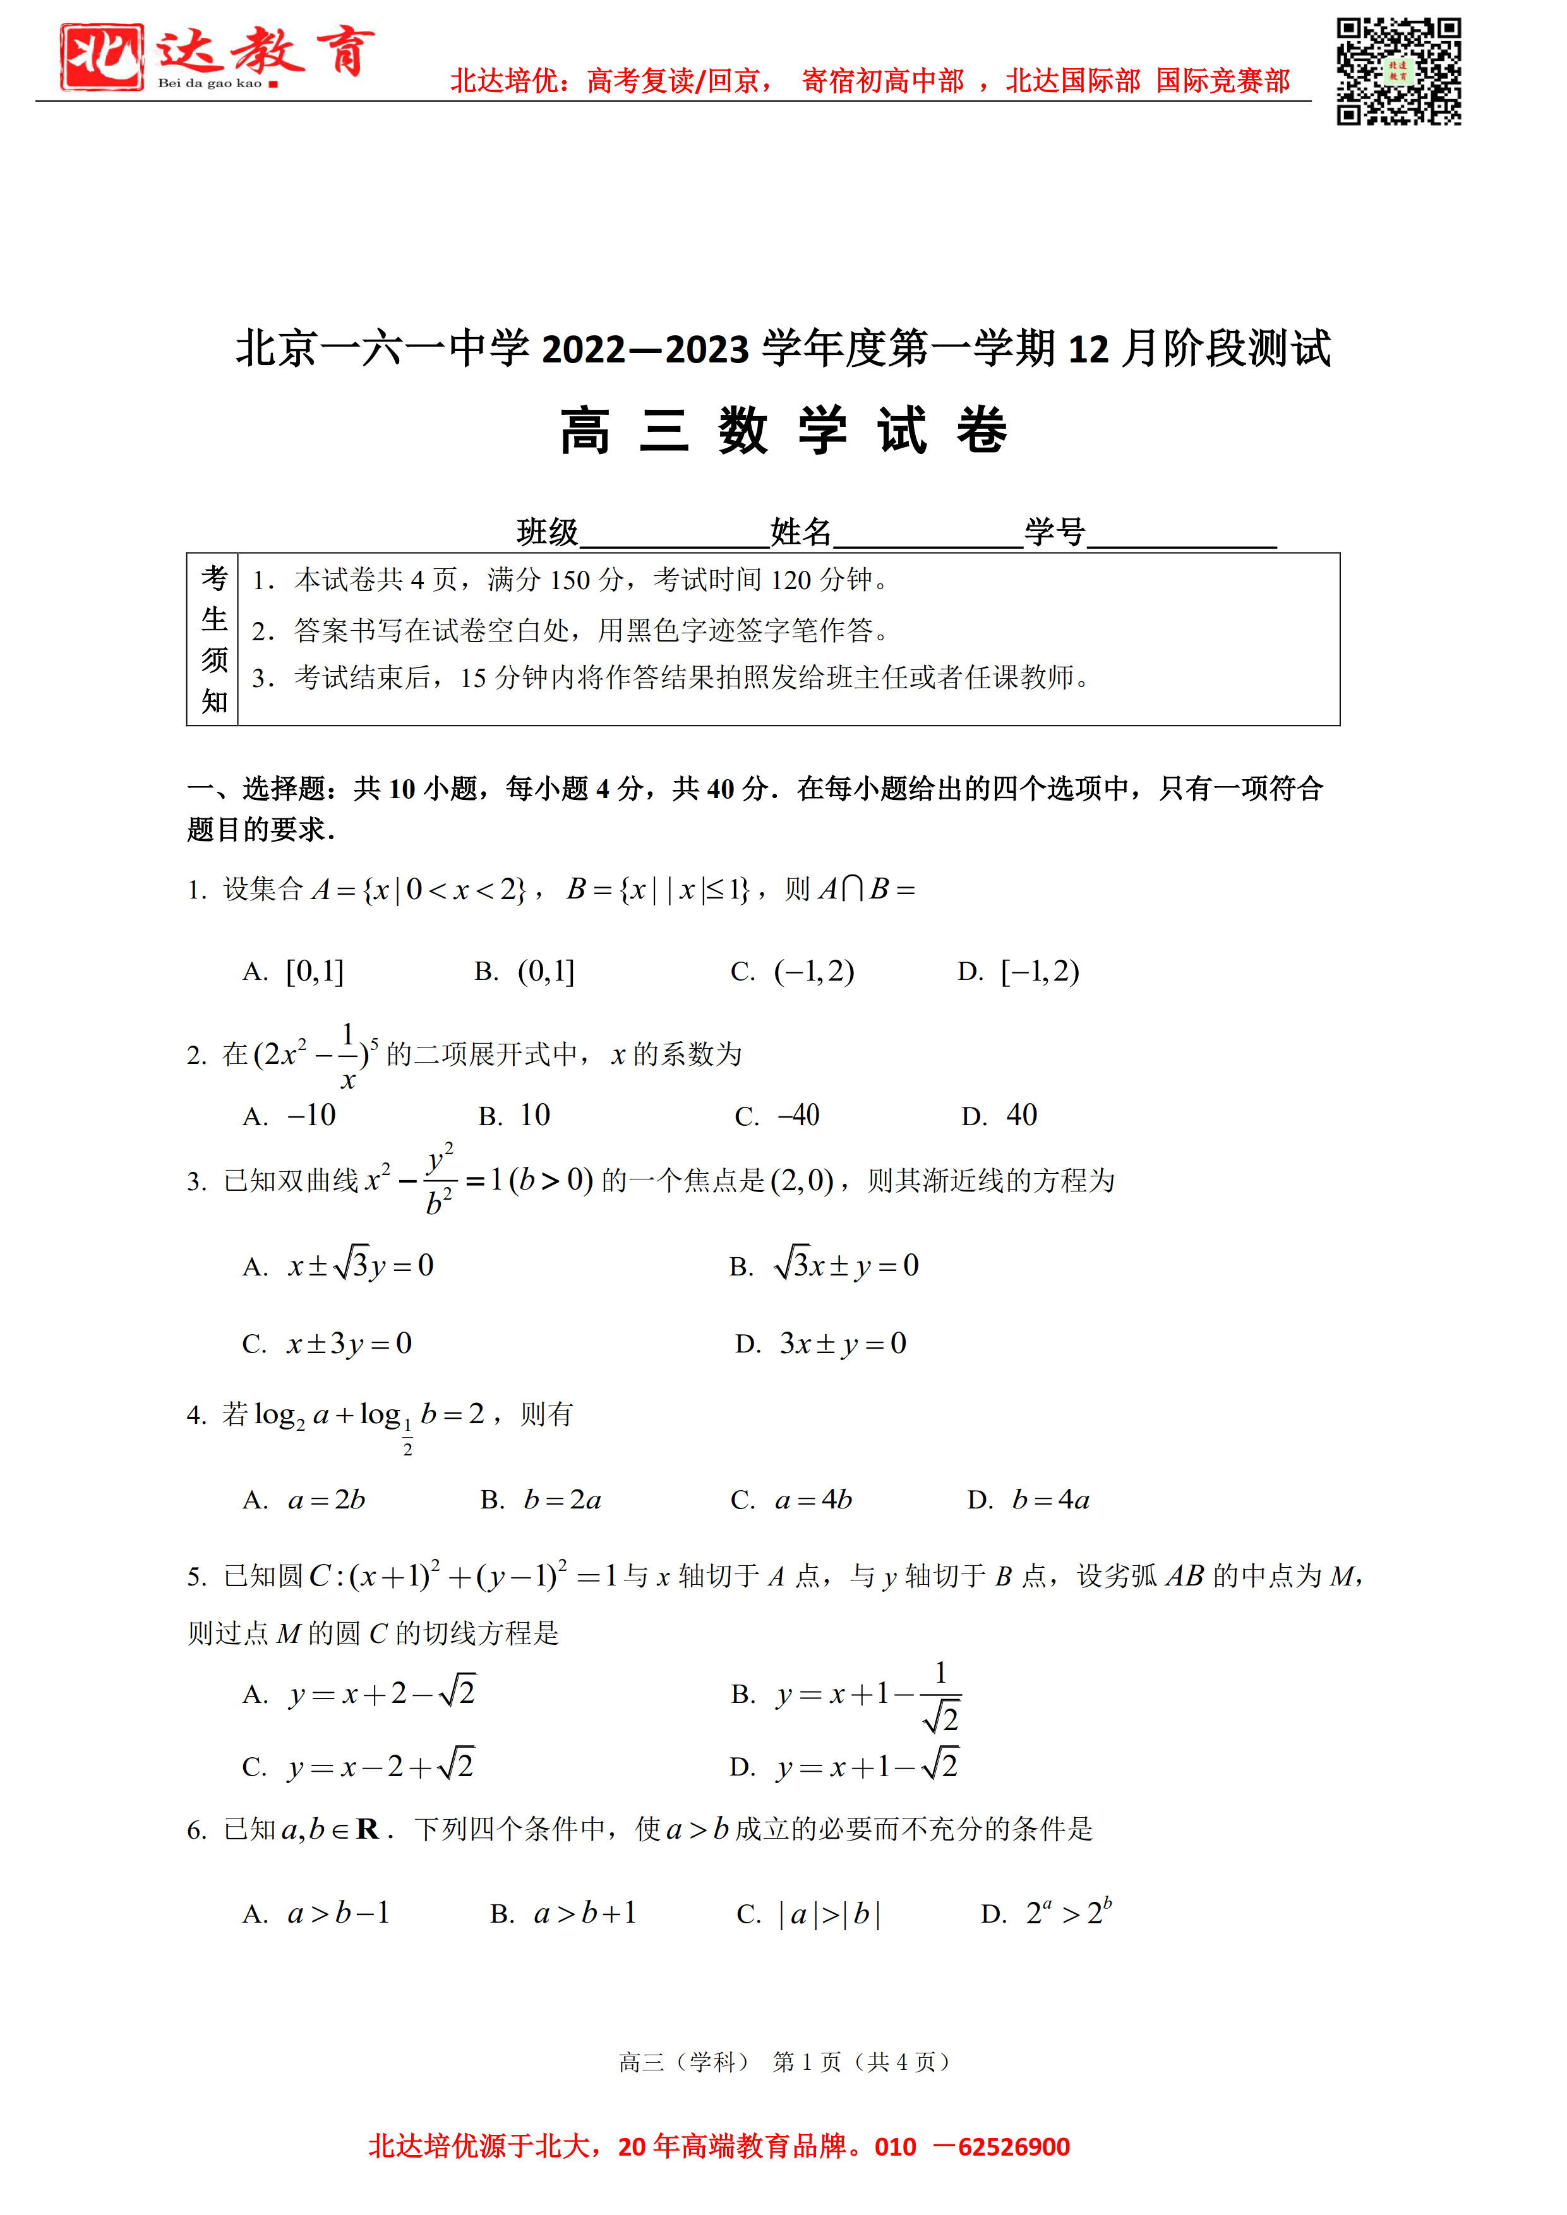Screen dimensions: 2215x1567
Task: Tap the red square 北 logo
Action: [101, 57]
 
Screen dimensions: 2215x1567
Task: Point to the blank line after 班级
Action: [673, 535]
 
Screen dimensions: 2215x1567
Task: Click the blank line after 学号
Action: [1182, 535]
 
